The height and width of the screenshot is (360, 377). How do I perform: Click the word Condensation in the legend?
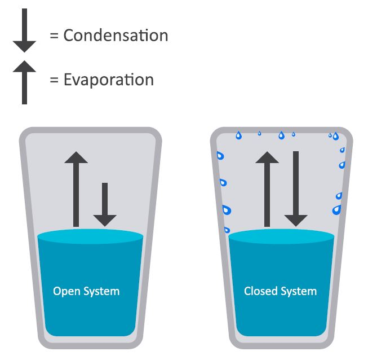[116, 36]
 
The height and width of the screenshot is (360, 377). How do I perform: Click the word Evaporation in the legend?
[108, 80]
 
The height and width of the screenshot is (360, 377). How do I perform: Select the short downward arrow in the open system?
[104, 204]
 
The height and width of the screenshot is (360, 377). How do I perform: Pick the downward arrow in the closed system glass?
[296, 189]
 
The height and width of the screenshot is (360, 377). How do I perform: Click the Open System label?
[86, 291]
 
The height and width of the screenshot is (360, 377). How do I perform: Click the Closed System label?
[280, 291]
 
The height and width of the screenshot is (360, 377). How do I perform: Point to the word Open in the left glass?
[66, 292]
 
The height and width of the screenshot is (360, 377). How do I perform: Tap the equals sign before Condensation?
[54, 36]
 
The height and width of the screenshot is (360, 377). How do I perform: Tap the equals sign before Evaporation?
[54, 80]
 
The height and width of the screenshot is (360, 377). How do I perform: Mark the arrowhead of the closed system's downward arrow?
[296, 219]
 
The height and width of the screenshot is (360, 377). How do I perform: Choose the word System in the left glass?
[101, 292]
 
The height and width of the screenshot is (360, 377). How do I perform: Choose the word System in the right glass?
[299, 292]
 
